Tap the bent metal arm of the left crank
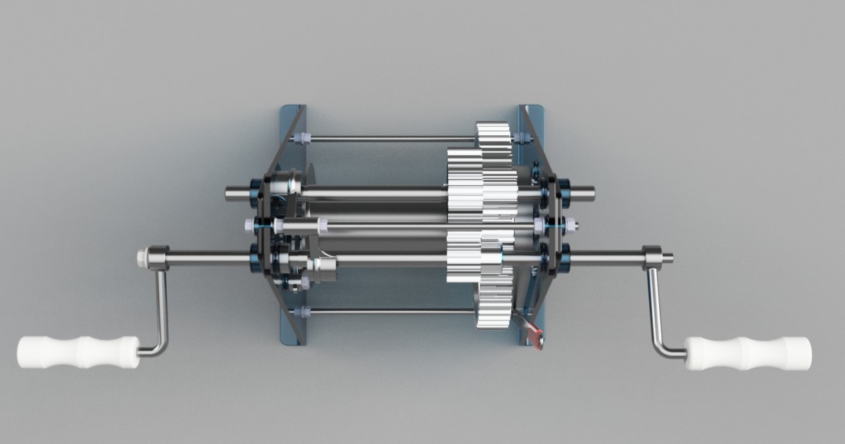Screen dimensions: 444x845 point(161,310)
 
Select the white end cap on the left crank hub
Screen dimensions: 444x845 point(142,257)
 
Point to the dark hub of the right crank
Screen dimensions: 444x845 point(651,257)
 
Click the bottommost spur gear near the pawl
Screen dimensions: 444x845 point(493,310)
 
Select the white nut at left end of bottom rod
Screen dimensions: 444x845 point(300,311)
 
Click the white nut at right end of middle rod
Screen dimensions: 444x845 point(572,226)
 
